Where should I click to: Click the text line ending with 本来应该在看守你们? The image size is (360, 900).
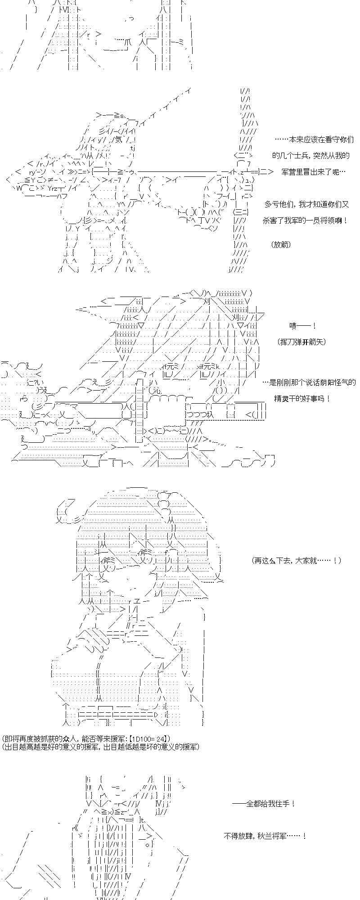pos(314,140)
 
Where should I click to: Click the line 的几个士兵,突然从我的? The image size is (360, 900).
pos(310,156)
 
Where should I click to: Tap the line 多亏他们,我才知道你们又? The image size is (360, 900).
pos(306,204)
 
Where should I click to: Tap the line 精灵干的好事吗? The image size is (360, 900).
pos(301,399)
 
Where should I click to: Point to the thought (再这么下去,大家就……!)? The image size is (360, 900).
pos(297,561)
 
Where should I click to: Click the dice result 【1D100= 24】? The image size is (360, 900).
pos(149,739)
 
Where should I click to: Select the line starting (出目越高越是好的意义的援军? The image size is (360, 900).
pos(100,747)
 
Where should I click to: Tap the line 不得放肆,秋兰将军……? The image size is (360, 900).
pos(265,836)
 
